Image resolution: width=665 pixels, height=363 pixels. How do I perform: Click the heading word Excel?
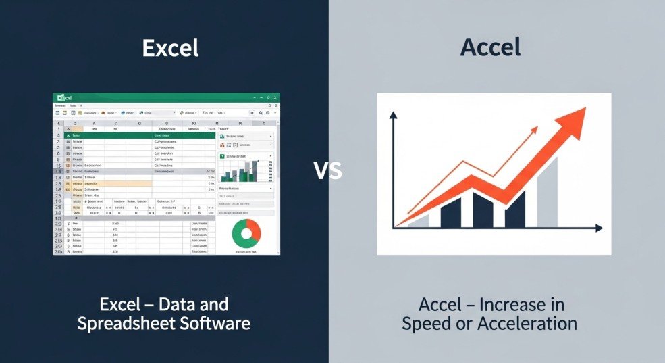(170, 48)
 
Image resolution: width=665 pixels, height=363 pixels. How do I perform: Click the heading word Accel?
(490, 48)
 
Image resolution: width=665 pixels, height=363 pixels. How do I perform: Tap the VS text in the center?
(328, 171)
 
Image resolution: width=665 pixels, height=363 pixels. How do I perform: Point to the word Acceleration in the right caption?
(527, 323)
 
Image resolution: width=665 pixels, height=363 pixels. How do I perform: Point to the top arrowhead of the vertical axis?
(392, 115)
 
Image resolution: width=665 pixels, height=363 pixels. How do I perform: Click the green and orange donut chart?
(246, 232)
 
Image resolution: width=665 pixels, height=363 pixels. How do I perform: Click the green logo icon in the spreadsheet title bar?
(59, 98)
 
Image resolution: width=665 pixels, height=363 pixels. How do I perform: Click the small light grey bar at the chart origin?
(419, 221)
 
